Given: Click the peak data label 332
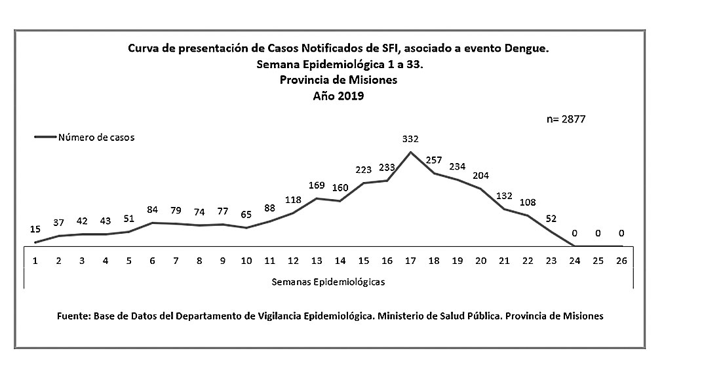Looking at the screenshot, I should click(x=410, y=139).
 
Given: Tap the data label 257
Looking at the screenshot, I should click(x=434, y=160).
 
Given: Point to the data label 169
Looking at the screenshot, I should click(x=317, y=185).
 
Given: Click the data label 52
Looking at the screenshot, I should click(x=551, y=219).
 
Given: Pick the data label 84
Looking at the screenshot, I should click(x=152, y=210).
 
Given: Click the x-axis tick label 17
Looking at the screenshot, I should click(x=410, y=260).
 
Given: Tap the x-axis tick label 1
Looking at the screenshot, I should click(x=35, y=260).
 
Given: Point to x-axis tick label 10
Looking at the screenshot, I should click(x=246, y=260).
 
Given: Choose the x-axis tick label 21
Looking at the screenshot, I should click(x=504, y=260).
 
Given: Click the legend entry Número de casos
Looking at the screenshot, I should click(x=96, y=138).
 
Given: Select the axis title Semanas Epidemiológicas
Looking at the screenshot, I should click(x=327, y=282).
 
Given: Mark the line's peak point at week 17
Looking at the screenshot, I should click(x=410, y=153).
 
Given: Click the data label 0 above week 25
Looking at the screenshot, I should click(x=597, y=233).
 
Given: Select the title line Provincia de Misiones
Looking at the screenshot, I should click(x=339, y=81).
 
